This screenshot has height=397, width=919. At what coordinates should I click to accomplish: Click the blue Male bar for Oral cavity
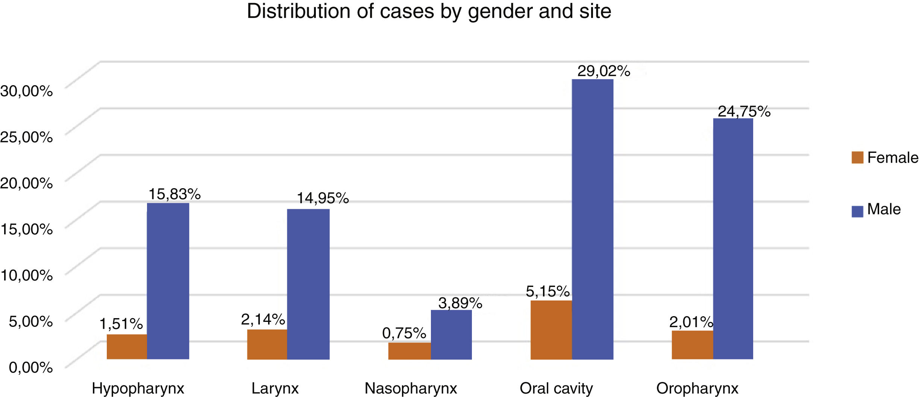click(x=592, y=219)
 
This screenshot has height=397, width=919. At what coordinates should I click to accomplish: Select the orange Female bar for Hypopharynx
click(x=127, y=347)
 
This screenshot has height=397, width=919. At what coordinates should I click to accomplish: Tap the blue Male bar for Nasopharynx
click(x=451, y=335)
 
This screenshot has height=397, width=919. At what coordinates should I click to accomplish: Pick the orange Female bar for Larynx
click(x=267, y=344)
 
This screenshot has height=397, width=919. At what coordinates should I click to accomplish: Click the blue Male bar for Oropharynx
click(x=733, y=239)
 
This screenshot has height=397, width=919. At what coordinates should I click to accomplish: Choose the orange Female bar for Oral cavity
click(x=551, y=330)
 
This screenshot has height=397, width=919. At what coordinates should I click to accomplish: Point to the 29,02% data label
click(x=604, y=71)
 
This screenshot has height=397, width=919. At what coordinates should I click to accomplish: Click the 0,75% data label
click(x=404, y=333)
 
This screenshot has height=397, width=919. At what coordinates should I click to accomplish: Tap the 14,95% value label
click(x=323, y=198)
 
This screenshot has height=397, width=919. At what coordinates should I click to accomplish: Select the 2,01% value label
click(x=691, y=322)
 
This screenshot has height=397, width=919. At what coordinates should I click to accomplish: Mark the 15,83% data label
click(x=174, y=194)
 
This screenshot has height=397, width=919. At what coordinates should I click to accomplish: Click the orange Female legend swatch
click(x=857, y=157)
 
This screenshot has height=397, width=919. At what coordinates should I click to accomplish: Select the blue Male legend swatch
click(x=857, y=211)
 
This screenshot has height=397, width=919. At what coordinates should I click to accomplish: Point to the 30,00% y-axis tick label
click(x=26, y=91)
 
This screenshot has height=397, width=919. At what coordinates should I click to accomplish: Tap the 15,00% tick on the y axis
click(x=26, y=229)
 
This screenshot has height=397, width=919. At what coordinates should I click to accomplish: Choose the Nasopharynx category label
click(x=411, y=388)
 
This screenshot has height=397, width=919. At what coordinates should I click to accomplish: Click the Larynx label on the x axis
click(x=275, y=388)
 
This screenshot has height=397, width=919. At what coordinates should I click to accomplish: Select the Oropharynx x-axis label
click(x=697, y=388)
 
